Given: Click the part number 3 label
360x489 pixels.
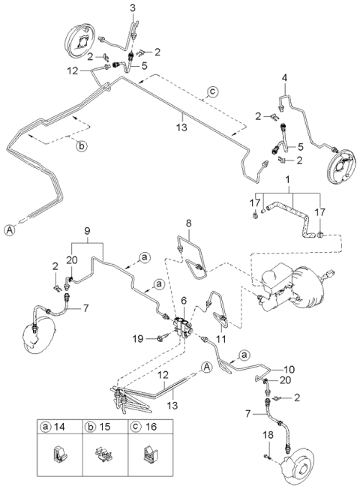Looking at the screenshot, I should coord(133,8).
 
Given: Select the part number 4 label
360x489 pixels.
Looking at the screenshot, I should coord(285,78).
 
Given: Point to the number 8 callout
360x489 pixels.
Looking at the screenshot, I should coord(188,223).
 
